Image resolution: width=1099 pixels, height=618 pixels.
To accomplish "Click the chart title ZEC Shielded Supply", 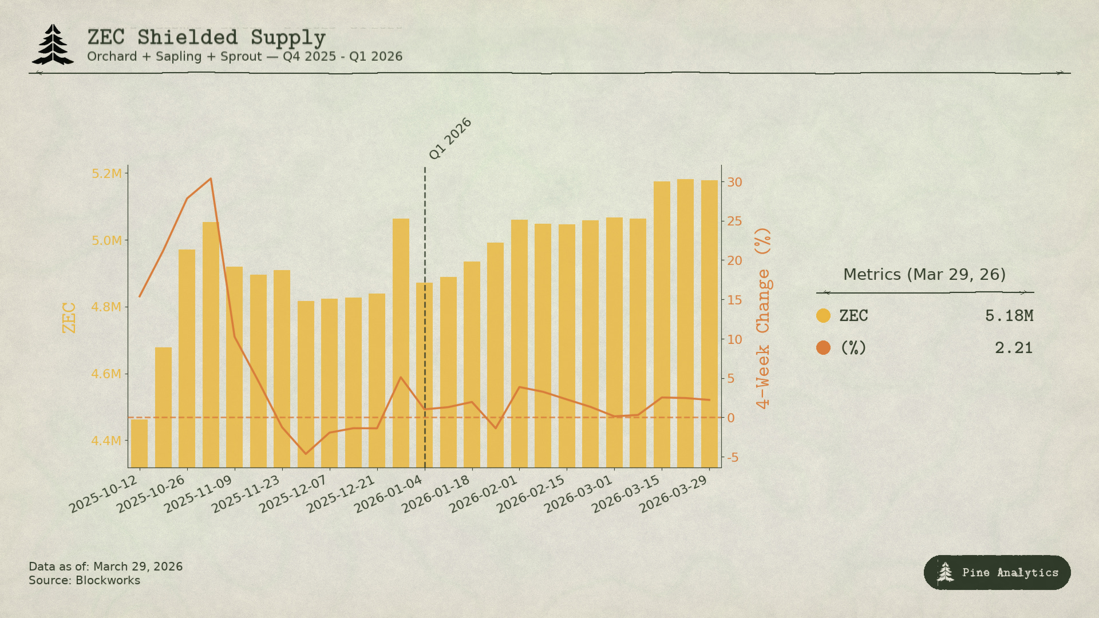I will click(206, 38).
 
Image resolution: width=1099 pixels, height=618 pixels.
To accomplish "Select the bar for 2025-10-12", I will click(139, 443).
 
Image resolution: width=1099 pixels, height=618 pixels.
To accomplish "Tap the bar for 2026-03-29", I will click(709, 323).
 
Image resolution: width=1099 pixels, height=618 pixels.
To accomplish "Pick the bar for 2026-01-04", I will click(424, 375).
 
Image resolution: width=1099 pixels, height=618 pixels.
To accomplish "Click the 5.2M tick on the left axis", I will click(106, 173).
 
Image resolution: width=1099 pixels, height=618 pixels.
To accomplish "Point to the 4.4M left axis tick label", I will click(106, 441).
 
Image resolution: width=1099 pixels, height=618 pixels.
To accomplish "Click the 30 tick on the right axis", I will click(734, 182).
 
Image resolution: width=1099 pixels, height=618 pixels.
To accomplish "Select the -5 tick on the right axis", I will click(733, 457).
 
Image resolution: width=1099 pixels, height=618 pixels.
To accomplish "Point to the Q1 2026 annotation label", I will click(450, 138).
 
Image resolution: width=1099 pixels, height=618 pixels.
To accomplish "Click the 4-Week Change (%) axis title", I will click(762, 318).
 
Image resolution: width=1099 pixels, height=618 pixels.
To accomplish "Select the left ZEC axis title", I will click(69, 318).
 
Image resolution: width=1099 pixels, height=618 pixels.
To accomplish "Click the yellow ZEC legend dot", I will click(823, 315).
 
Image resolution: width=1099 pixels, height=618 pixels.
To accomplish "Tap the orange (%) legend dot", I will click(823, 347).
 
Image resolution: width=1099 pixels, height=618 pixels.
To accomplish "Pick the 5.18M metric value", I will click(1009, 315).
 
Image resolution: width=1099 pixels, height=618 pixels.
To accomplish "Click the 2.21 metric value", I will click(1013, 348).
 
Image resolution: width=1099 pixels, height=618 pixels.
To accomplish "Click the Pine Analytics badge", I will click(997, 572).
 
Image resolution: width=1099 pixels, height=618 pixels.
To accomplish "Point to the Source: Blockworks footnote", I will click(84, 580).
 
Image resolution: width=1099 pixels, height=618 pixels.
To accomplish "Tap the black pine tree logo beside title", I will click(53, 44).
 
